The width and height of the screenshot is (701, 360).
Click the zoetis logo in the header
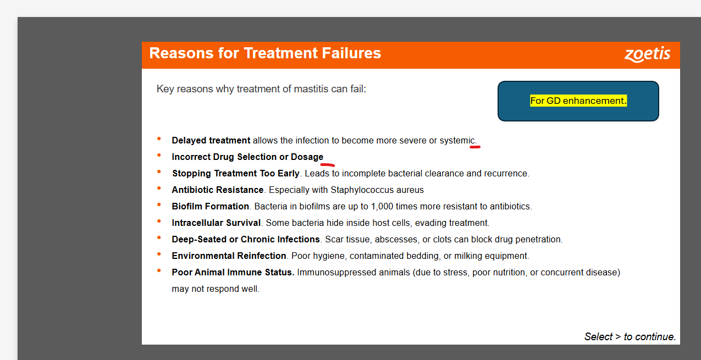click(647, 54)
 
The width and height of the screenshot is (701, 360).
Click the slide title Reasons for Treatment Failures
click(265, 53)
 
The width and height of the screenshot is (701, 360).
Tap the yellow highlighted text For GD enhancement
click(578, 101)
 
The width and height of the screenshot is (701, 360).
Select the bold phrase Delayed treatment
click(211, 141)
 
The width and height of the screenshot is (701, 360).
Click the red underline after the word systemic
click(474, 147)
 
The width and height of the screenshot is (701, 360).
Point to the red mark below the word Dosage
click(327, 164)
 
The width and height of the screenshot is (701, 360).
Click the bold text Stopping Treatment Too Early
click(236, 173)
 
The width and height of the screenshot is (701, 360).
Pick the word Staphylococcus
click(362, 190)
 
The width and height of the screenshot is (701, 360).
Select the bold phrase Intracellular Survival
click(216, 223)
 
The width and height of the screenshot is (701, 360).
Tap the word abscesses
click(396, 240)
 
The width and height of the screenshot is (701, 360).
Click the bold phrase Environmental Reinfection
click(229, 256)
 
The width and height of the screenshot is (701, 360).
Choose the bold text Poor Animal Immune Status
click(233, 273)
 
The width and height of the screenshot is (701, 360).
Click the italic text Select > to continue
click(630, 336)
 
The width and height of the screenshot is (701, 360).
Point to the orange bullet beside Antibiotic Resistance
click(159, 188)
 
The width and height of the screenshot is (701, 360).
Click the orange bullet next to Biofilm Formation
click(159, 204)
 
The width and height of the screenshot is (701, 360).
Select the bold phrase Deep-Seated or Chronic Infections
click(246, 239)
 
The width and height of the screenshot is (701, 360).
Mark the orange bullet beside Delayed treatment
click(159, 139)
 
